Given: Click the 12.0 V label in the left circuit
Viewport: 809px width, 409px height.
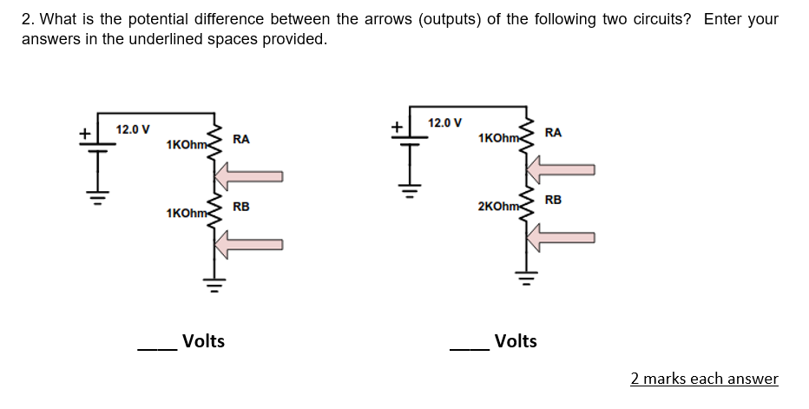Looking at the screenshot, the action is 133,129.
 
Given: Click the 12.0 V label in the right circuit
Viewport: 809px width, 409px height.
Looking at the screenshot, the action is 445,123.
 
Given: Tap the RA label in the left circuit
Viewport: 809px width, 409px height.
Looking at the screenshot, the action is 241,140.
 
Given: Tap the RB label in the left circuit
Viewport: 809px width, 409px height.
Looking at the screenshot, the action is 241,207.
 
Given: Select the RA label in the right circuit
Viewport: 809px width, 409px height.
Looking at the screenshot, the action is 553,133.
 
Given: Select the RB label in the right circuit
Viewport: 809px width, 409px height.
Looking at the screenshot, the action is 553,200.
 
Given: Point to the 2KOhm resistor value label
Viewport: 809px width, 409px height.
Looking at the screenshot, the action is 498,207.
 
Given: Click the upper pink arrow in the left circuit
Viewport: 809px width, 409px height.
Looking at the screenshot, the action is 248,176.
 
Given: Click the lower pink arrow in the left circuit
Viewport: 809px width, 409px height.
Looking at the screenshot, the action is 248,244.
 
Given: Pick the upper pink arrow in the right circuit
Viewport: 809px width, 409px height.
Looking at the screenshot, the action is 561,169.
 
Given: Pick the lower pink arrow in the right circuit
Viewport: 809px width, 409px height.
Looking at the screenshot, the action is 561,237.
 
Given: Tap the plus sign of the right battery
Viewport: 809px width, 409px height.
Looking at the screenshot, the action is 397,127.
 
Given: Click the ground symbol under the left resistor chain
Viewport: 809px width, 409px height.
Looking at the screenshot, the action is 214,285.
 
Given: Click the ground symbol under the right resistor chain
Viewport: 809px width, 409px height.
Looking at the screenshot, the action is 527,278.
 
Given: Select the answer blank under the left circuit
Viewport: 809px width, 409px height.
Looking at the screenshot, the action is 157,350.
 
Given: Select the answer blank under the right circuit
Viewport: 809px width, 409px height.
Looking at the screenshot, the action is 470,350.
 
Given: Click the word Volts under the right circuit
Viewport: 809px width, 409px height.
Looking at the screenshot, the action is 516,341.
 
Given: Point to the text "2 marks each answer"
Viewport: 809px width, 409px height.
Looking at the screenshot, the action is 704,379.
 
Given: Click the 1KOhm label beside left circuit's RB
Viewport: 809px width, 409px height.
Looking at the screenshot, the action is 187,214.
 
